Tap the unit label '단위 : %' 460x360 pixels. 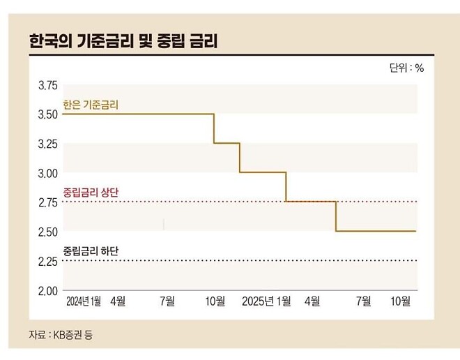click(x=406, y=68)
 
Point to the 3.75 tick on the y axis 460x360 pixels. click(x=47, y=85)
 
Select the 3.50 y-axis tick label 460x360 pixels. click(x=47, y=114)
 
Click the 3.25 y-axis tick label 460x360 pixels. click(x=47, y=143)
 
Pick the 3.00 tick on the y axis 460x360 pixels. click(x=47, y=172)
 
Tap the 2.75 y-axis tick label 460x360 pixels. click(x=47, y=202)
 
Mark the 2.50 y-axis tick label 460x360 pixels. click(x=47, y=231)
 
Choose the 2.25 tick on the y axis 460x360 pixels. click(x=47, y=261)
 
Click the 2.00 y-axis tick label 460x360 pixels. click(x=47, y=290)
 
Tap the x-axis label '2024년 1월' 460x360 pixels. click(x=84, y=301)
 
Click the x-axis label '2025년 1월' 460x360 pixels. click(x=266, y=301)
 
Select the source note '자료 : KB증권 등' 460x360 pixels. click(x=60, y=334)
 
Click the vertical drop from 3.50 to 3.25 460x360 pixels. click(x=213, y=128)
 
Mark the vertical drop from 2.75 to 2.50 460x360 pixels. click(x=336, y=216)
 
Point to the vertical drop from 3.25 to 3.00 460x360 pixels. click(x=240, y=158)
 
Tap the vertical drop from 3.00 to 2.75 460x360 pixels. click(x=286, y=187)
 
